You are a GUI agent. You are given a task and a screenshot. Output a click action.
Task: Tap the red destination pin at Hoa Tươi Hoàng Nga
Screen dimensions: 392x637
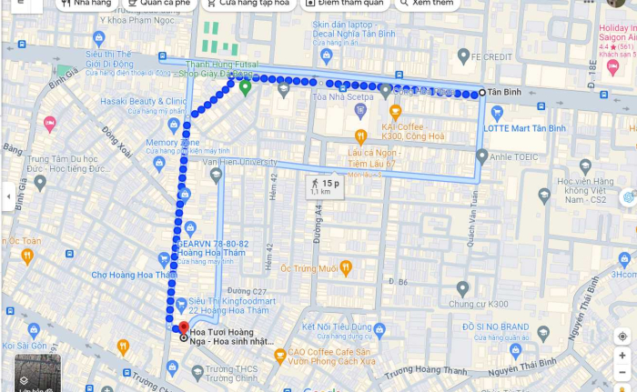pos(183,327)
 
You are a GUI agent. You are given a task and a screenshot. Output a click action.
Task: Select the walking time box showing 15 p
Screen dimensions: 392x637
pos(324,186)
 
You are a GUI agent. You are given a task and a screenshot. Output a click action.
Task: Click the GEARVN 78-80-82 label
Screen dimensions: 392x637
pos(213,245)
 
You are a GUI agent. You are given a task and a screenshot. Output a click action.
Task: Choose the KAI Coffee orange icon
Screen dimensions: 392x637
pos(395,111)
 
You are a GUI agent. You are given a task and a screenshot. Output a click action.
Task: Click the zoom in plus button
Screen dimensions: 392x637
pos(622,356)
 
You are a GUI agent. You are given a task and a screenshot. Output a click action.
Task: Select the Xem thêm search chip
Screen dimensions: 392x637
pos(428,4)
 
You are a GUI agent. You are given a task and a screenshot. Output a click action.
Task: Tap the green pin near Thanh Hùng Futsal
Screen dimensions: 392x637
pos(245,86)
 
